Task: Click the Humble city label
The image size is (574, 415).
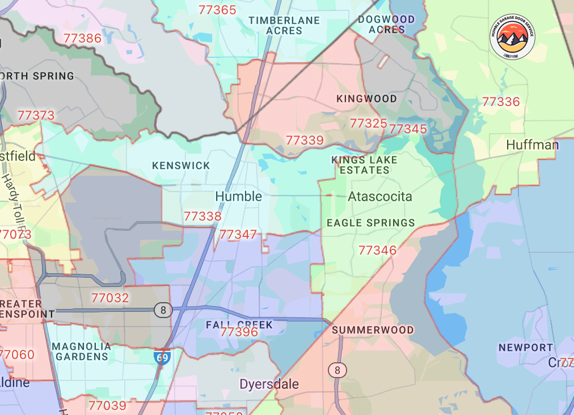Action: [x=238, y=197]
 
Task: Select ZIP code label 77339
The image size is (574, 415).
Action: [x=305, y=140]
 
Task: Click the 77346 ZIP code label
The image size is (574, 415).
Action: [x=377, y=250]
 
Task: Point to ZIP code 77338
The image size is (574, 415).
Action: [x=202, y=216]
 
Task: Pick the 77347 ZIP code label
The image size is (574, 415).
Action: [x=238, y=234]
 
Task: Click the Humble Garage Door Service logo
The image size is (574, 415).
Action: [x=512, y=37]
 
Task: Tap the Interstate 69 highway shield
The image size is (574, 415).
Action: [x=162, y=358]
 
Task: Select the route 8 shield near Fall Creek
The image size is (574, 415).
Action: [x=163, y=310]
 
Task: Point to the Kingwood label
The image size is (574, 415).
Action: [x=366, y=99]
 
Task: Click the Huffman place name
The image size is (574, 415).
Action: [x=531, y=145]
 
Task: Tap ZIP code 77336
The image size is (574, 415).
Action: [x=500, y=102]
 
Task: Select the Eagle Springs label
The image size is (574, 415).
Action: [x=370, y=223]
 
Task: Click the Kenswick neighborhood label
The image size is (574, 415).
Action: [x=181, y=166]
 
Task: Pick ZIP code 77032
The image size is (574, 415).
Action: [x=109, y=298]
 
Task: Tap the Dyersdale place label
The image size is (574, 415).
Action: [x=269, y=384]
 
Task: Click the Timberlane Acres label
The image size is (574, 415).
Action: [x=284, y=25]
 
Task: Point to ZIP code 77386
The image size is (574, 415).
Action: [x=82, y=39]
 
